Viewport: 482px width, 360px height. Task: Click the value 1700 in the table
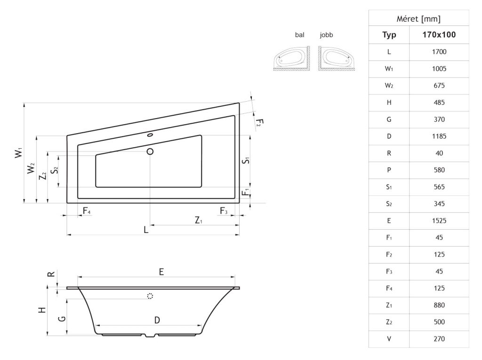pos(439,52)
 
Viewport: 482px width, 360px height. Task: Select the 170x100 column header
pos(439,35)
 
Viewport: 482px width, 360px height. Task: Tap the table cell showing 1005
pos(439,69)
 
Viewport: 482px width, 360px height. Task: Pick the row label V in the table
pos(389,339)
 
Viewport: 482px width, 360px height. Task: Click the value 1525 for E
pos(439,220)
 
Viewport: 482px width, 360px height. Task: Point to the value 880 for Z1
pos(439,305)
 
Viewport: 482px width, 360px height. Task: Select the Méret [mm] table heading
pos(418,19)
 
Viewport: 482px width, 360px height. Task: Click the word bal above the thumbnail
pos(299,35)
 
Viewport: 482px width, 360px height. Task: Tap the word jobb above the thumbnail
pos(326,35)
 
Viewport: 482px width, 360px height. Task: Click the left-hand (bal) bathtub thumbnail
pos(292,58)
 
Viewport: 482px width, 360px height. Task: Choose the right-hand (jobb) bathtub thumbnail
pos(336,58)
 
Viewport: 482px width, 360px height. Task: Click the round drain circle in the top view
pos(150,151)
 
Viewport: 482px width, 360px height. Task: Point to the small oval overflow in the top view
pos(150,135)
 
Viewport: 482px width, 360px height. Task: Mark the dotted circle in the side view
pos(150,296)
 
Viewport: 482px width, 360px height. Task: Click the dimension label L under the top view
pos(146,230)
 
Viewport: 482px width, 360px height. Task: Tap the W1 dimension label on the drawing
pos(19,153)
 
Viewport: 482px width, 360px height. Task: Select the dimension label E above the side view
pos(161,272)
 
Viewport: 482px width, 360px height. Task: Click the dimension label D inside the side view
pos(157,320)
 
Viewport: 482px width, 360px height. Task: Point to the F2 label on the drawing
pos(259,122)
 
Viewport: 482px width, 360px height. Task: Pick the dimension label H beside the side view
pos(42,310)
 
